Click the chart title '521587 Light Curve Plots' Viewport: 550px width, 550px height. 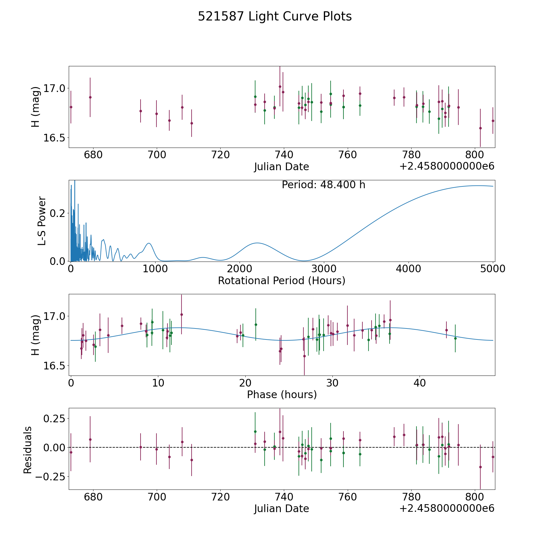(275, 16)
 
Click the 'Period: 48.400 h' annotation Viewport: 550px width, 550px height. (323, 185)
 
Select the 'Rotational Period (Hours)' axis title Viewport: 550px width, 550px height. (281, 280)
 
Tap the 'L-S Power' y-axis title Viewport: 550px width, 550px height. (42, 221)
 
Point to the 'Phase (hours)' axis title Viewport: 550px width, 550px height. (281, 394)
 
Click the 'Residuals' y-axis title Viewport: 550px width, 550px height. (28, 450)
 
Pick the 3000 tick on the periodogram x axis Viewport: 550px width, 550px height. (324, 269)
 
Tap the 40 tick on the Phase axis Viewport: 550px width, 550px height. (420, 383)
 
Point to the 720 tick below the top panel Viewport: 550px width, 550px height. (220, 155)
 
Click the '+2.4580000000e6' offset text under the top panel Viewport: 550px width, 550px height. (447, 167)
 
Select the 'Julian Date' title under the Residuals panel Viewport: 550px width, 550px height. (281, 508)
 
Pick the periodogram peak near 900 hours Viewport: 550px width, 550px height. (149, 243)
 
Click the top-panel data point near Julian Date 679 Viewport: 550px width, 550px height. (90, 97)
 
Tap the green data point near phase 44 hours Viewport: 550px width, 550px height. (455, 338)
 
